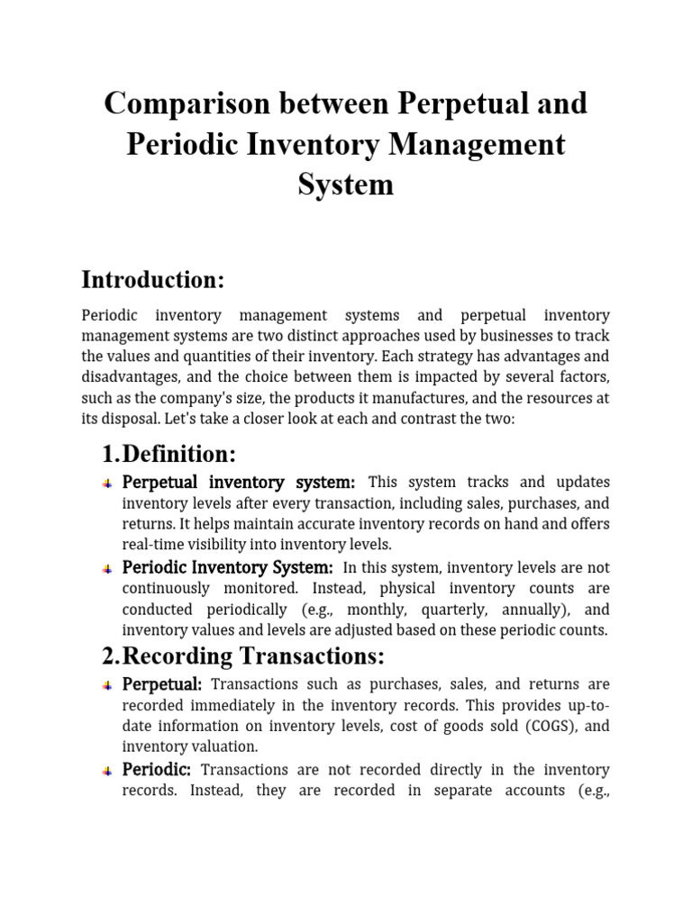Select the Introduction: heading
click(152, 279)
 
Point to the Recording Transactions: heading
click(243, 655)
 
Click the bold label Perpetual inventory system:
click(239, 483)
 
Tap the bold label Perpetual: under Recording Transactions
click(162, 684)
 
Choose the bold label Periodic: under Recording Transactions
click(157, 769)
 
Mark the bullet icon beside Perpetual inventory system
click(107, 484)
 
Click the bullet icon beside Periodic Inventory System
click(107, 568)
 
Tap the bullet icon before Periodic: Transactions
click(107, 771)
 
